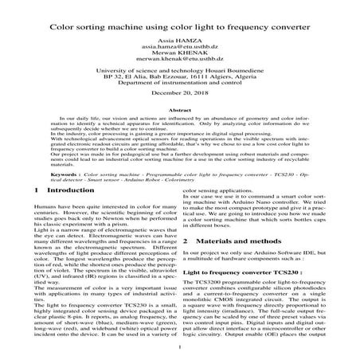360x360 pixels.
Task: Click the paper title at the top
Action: tap(179, 25)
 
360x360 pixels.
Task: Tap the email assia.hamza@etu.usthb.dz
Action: tap(179, 49)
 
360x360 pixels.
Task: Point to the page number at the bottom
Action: tap(180, 348)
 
